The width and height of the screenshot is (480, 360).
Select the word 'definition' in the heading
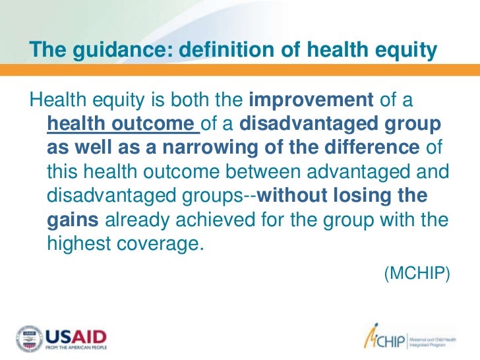pos(201,50)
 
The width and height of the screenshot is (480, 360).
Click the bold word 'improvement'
pos(311,101)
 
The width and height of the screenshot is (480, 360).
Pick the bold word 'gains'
pos(74,220)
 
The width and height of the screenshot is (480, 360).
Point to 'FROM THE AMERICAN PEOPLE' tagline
pos(76,348)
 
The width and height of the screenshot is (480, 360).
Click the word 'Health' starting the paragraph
pos(54,101)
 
